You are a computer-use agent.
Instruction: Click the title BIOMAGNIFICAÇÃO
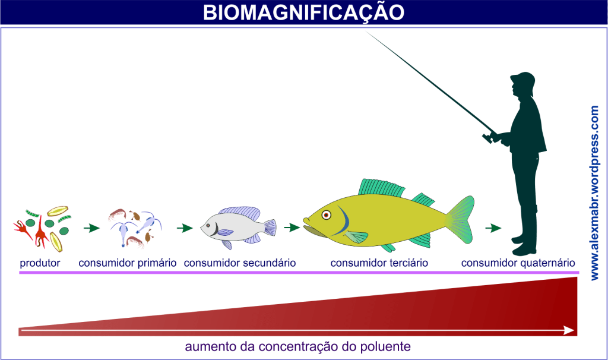(303, 12)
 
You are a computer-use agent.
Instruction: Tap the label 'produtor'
(40, 263)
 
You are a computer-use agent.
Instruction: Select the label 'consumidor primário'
(128, 263)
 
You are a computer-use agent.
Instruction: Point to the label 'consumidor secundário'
(240, 263)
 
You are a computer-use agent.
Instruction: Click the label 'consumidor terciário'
(379, 263)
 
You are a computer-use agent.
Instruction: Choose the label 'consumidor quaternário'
(518, 263)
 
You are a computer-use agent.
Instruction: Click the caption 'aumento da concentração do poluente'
(297, 346)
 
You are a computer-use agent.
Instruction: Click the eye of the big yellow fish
(325, 214)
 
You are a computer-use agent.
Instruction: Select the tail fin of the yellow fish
(460, 220)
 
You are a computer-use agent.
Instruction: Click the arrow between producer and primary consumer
(91, 228)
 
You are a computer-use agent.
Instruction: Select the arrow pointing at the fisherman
(493, 228)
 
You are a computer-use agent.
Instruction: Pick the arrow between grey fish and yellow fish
(291, 227)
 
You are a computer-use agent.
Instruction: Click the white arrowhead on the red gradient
(568, 330)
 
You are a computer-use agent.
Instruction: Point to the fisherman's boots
(522, 244)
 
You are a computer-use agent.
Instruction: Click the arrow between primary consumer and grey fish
(185, 228)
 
